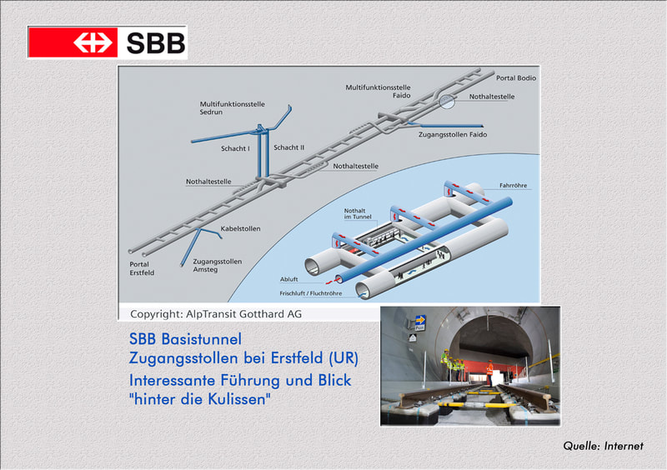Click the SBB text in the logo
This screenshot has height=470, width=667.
(156, 42)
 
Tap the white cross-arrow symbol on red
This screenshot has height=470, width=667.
(93, 42)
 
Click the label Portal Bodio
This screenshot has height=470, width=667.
(516, 77)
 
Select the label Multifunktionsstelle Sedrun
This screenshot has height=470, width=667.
(233, 108)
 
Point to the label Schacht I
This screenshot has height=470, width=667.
(235, 148)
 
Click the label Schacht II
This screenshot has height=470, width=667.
(288, 147)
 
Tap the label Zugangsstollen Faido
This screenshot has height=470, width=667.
(453, 135)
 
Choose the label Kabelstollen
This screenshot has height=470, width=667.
(240, 229)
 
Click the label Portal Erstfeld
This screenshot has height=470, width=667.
(142, 268)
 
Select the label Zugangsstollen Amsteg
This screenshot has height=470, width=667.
(218, 265)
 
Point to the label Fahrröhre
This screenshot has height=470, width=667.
(513, 186)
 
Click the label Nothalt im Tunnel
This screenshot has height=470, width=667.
(358, 213)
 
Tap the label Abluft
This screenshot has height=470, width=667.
(288, 279)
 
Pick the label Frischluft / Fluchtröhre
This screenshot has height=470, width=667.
(310, 293)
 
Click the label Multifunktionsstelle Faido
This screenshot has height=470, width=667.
(378, 92)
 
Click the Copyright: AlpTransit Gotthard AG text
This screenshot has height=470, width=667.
(216, 314)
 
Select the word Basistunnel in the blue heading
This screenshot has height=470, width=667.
(201, 339)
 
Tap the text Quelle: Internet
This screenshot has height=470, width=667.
(603, 446)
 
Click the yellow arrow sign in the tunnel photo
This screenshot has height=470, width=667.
(420, 320)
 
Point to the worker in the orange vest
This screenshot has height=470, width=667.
(489, 373)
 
